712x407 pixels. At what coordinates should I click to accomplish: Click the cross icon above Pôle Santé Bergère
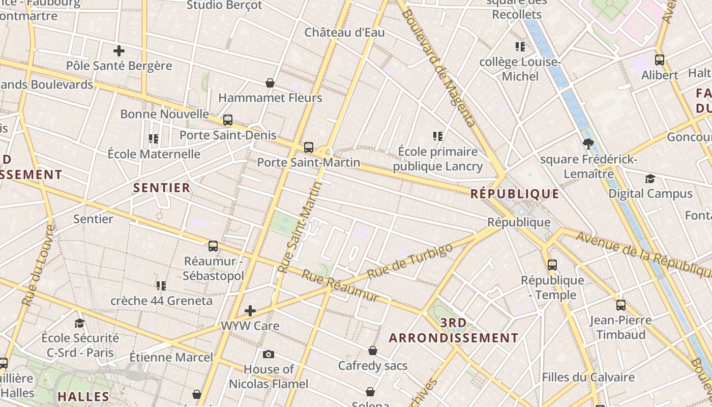119,51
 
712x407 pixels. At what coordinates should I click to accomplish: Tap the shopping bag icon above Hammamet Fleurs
270,83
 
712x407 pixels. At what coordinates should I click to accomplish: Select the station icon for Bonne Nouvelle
228,120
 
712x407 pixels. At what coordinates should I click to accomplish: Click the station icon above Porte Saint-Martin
309,148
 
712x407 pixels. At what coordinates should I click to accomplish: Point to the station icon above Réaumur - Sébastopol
213,246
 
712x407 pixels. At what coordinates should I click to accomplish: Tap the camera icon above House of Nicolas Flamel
269,354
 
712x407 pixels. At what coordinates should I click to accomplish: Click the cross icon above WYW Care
250,311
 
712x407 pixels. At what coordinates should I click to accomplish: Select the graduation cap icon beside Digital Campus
650,179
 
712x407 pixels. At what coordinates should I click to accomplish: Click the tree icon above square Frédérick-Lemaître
588,144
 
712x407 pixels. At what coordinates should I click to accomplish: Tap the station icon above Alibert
660,60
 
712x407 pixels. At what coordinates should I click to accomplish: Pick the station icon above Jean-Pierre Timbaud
621,305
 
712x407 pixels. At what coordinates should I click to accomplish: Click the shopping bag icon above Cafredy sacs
373,351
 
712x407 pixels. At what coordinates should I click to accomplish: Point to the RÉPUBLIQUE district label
515,194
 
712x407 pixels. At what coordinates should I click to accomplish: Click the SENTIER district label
162,188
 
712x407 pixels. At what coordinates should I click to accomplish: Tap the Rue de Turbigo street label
409,261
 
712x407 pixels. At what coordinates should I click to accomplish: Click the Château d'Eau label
345,33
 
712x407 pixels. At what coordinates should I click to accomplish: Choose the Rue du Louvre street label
38,265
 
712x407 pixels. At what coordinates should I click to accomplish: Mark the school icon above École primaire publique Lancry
438,136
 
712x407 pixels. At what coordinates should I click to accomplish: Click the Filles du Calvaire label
588,377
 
